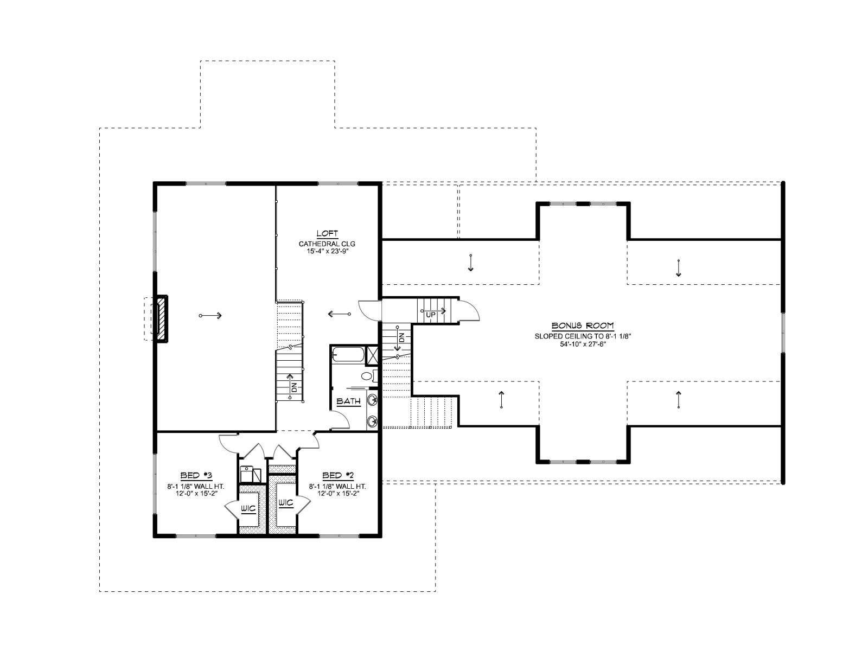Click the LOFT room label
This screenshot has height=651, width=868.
tap(328, 233)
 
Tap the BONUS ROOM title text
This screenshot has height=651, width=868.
tap(583, 325)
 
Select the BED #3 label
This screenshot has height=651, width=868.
tap(197, 475)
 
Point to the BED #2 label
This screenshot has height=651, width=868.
tap(338, 475)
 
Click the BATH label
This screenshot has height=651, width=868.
tap(348, 401)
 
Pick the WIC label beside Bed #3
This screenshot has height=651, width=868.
tap(248, 508)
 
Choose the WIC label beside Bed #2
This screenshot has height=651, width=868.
tap(286, 502)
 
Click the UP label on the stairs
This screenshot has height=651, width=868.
tap(431, 315)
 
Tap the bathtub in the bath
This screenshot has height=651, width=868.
tap(348, 354)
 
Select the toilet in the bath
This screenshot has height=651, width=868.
tap(368, 376)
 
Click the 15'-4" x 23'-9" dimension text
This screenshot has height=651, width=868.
tap(327, 251)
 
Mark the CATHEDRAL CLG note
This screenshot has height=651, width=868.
tap(327, 244)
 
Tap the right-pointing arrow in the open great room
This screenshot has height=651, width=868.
tap(210, 315)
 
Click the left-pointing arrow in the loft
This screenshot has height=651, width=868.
tap(339, 314)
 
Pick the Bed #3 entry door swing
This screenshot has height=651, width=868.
tap(228, 442)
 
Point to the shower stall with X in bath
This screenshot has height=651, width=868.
tap(371, 354)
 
